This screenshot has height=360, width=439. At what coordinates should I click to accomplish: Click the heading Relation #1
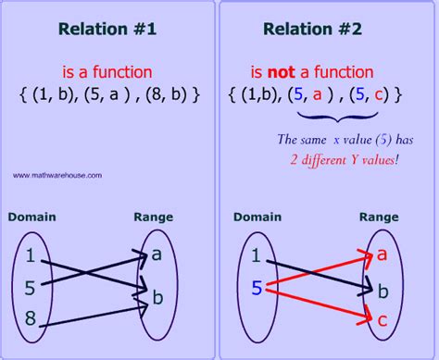108,29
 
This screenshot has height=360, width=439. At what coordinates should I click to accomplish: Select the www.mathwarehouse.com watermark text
57,174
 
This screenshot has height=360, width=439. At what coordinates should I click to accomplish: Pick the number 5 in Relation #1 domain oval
31,285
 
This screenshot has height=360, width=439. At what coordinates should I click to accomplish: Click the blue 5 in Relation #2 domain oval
257,289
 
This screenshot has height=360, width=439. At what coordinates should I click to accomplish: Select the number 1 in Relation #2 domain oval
257,254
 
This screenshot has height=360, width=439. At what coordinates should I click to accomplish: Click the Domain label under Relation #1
32,217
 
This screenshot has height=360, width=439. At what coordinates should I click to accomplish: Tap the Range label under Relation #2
379,216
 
